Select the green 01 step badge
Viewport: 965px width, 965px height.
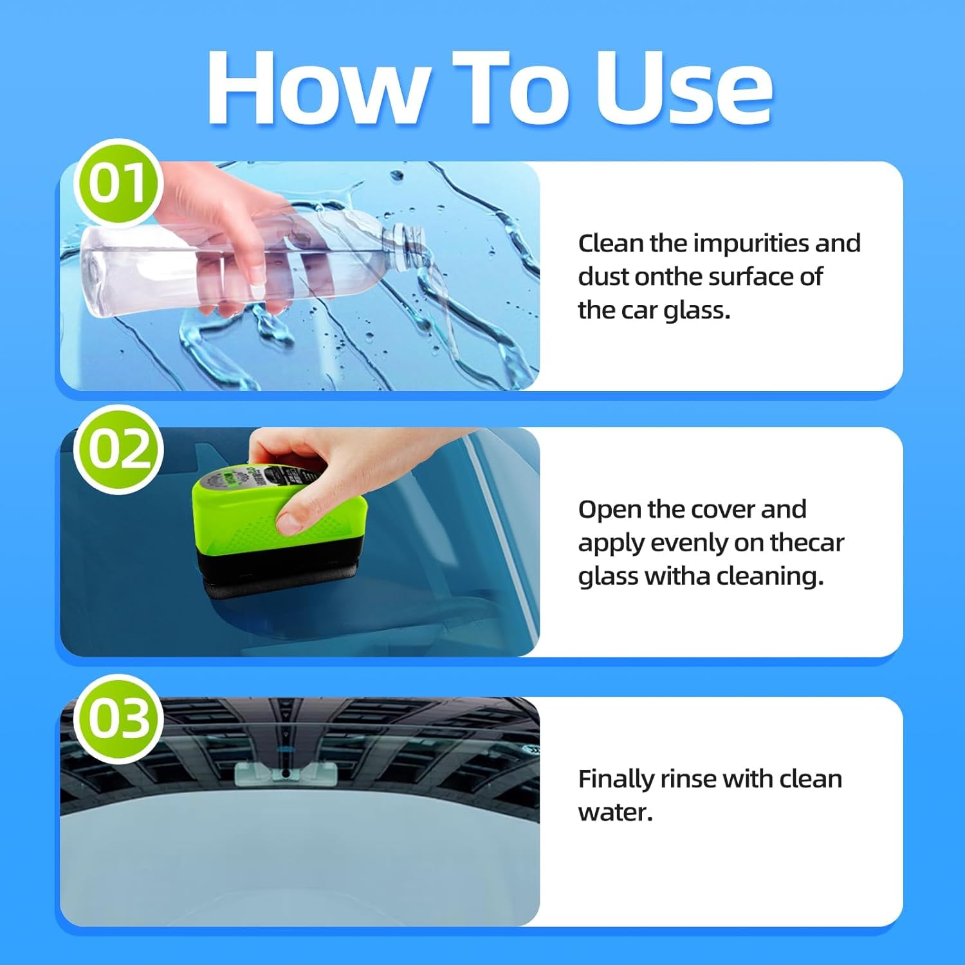coord(117,183)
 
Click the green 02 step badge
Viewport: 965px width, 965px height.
coord(118,449)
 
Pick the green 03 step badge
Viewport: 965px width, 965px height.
coord(118,718)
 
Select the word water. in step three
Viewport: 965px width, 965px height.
coord(615,813)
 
